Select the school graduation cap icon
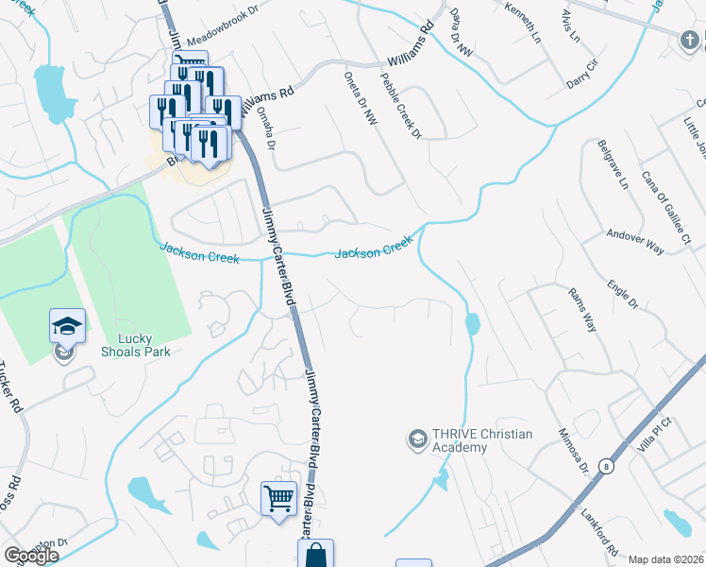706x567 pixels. [x=67, y=326]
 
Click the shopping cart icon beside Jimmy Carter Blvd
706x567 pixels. [x=278, y=497]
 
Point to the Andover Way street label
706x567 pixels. [x=636, y=242]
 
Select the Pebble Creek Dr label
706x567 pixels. [x=401, y=106]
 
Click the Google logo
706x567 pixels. [x=30, y=555]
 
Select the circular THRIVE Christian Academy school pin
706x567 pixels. [x=416, y=439]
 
